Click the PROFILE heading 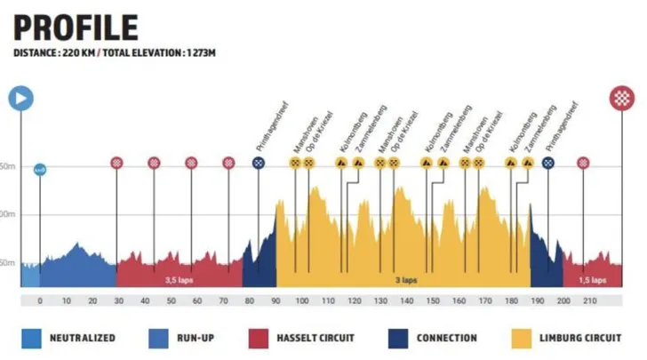[x=76, y=27]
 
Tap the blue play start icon [x=20, y=97]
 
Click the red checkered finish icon [x=622, y=97]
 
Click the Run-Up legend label [x=206, y=338]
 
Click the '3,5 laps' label [x=178, y=279]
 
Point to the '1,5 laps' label [x=593, y=279]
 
